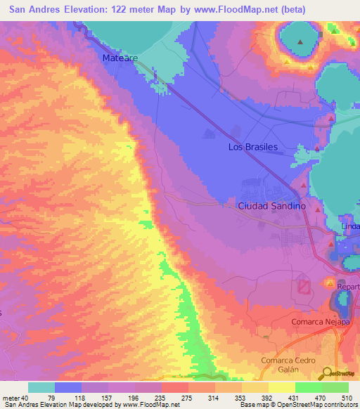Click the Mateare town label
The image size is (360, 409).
pos(120,58)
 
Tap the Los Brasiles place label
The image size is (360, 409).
pos(253,147)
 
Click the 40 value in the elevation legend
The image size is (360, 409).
pos(25,397)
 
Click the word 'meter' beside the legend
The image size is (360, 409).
pos(10,397)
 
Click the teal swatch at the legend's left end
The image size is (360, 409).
pos(41,387)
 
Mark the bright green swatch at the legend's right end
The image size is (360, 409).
pos(335,387)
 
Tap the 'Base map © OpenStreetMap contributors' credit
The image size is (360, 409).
pos(297,405)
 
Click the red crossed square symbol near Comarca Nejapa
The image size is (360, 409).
pos(304,287)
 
